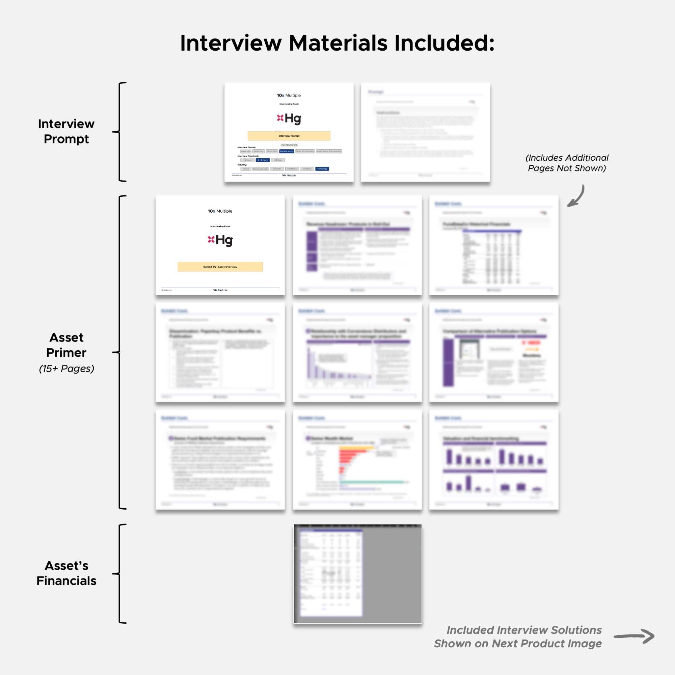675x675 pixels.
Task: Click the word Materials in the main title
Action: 338,43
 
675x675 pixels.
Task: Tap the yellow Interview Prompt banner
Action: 289,136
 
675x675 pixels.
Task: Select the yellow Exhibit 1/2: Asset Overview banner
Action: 220,267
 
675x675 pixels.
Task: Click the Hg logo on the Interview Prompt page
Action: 289,118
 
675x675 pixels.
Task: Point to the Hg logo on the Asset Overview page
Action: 220,240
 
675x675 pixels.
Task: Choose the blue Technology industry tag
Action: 322,169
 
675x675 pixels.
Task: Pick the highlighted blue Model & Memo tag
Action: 286,151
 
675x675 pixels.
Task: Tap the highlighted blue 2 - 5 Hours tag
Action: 262,160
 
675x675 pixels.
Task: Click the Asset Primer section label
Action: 66,345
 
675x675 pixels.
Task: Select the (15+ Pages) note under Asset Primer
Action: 66,369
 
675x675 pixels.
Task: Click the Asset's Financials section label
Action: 66,573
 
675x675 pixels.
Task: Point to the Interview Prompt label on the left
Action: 66,131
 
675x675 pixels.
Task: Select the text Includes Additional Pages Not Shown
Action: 567,163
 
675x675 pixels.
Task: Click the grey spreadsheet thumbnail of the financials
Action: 357,573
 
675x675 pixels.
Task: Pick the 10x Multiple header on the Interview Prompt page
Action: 289,96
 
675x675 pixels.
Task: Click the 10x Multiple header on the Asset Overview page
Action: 220,211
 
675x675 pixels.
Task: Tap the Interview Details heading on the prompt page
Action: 289,145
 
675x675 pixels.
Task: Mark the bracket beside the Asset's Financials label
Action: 120,573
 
